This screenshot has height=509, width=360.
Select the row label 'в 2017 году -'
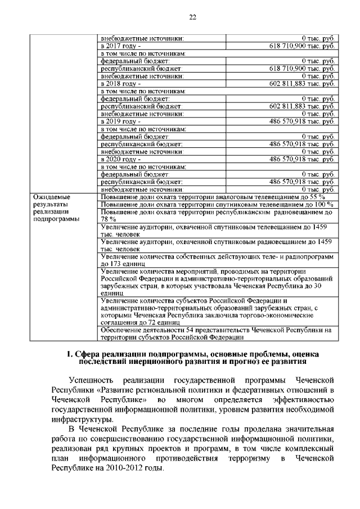point(120,45)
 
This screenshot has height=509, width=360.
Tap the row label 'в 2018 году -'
point(120,83)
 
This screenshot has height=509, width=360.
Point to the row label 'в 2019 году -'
point(120,121)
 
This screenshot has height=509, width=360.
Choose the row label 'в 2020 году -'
point(120,159)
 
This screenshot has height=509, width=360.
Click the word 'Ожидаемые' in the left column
point(51,197)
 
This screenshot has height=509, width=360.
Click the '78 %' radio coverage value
point(108,219)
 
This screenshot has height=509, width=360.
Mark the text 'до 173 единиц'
point(123,263)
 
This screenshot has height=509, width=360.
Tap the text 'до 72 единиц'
point(163,323)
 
